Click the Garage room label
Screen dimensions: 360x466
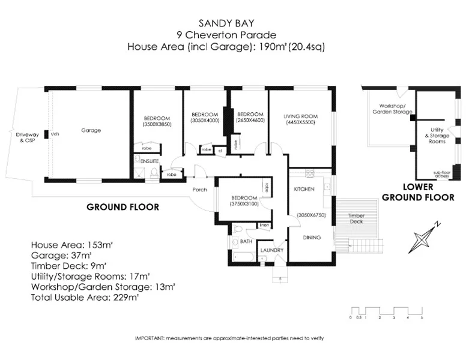click(91, 130)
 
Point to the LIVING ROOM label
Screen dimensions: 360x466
click(301, 116)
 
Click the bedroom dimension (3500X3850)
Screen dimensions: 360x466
click(157, 124)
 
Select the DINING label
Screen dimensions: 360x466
click(311, 238)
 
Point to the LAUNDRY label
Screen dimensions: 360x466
click(271, 250)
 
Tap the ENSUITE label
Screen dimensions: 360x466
click(150, 162)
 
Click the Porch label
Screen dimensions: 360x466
click(199, 190)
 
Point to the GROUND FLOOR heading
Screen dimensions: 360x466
click(123, 207)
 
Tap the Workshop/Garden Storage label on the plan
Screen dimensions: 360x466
click(392, 109)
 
